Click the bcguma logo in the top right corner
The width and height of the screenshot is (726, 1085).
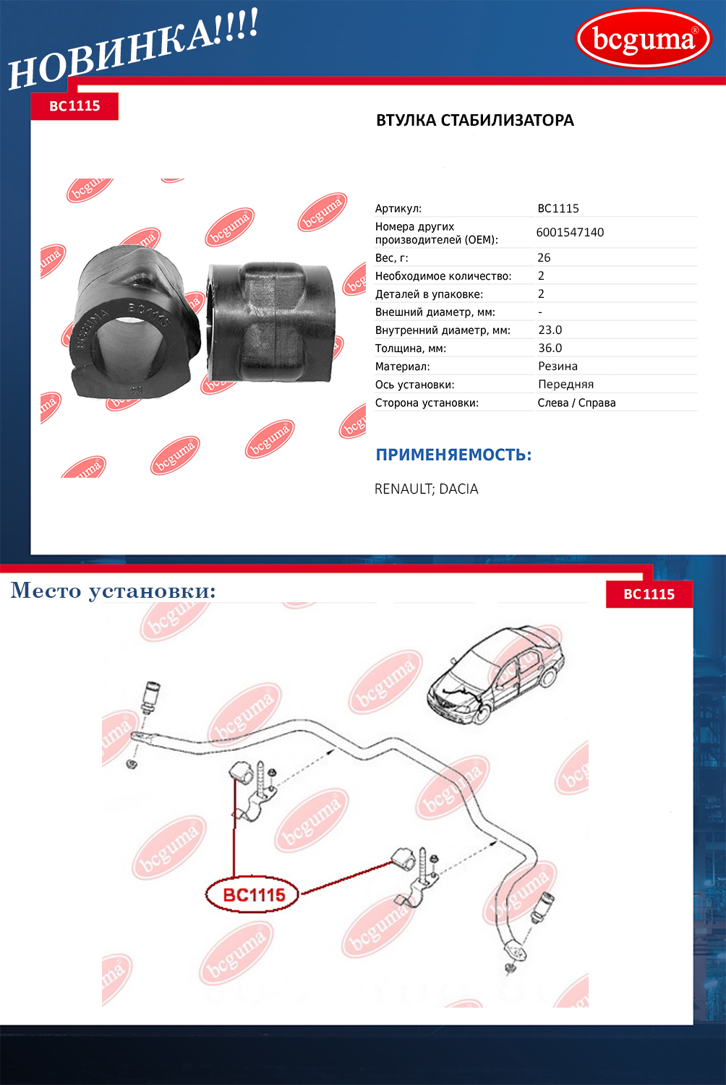click(643, 38)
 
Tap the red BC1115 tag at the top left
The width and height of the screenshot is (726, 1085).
click(74, 106)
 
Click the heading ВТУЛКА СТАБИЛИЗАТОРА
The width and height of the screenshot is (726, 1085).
click(474, 121)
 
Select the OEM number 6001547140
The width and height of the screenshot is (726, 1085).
click(570, 232)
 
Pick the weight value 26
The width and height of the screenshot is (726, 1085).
click(544, 257)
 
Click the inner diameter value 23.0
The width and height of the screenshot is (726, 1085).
click(550, 330)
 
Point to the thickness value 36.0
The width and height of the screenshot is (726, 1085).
click(550, 348)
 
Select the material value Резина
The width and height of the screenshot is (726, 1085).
click(558, 366)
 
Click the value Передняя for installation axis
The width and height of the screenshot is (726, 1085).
click(565, 385)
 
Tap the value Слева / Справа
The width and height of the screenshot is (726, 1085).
click(576, 403)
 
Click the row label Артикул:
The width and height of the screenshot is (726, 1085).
click(398, 209)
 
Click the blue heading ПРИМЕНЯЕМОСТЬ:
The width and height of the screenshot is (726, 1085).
click(453, 455)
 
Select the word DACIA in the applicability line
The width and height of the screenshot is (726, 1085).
click(458, 489)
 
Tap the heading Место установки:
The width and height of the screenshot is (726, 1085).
click(114, 591)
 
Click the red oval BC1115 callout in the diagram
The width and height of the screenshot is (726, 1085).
click(254, 895)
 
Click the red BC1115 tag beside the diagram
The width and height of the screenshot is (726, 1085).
click(649, 594)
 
